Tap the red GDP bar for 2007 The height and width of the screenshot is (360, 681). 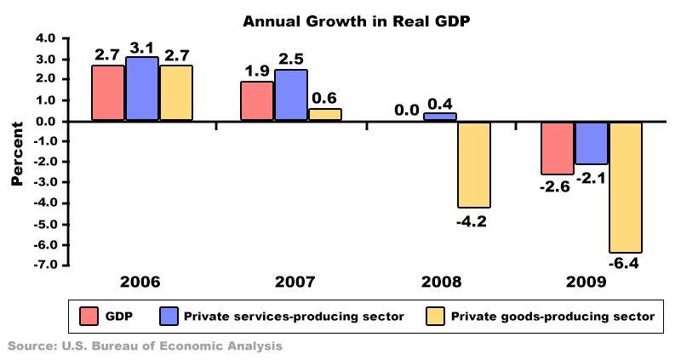(x=257, y=100)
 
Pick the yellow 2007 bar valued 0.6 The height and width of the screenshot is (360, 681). (x=324, y=115)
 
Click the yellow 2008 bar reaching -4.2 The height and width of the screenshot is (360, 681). (x=474, y=164)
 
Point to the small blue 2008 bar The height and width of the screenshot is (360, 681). (x=440, y=117)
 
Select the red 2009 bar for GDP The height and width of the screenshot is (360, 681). (x=557, y=148)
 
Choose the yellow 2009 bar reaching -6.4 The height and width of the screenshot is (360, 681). (x=624, y=187)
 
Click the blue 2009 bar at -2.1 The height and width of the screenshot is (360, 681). (x=591, y=143)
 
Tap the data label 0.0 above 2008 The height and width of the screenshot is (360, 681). (x=405, y=110)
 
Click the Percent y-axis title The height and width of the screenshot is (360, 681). (x=16, y=152)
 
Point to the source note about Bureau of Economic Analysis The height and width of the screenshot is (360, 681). (x=145, y=346)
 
